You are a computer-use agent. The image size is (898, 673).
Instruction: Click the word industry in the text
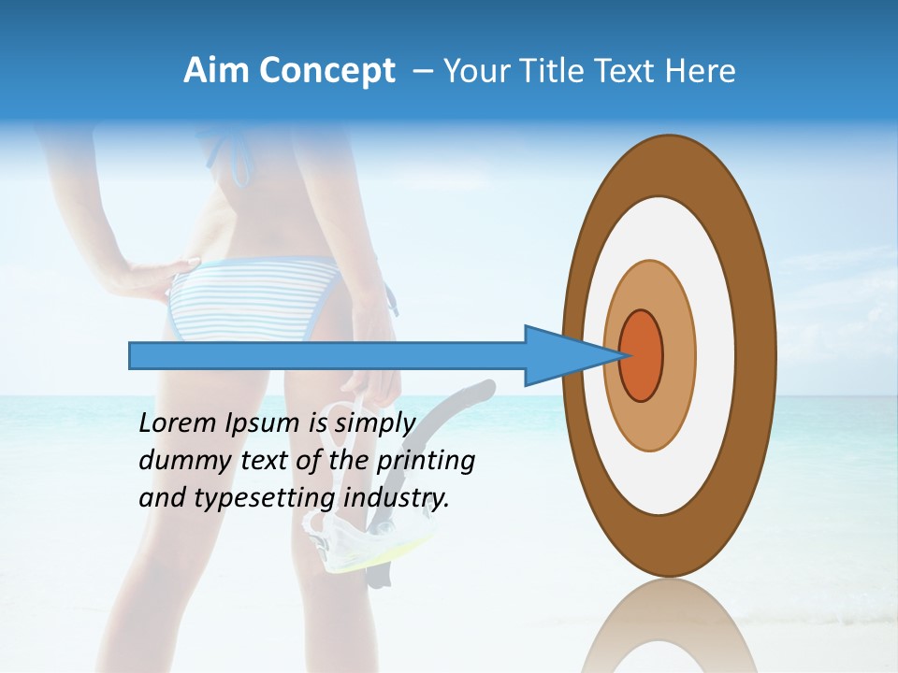[397, 498]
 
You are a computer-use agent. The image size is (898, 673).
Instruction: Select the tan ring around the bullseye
[678, 356]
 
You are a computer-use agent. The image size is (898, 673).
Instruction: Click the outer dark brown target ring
[756, 356]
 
